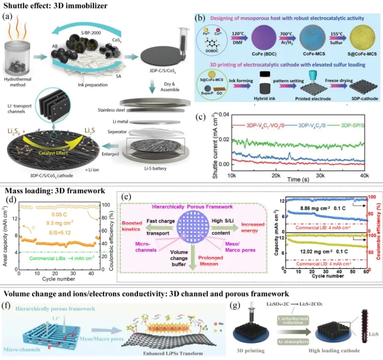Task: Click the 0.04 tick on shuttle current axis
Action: (x=214, y=114)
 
